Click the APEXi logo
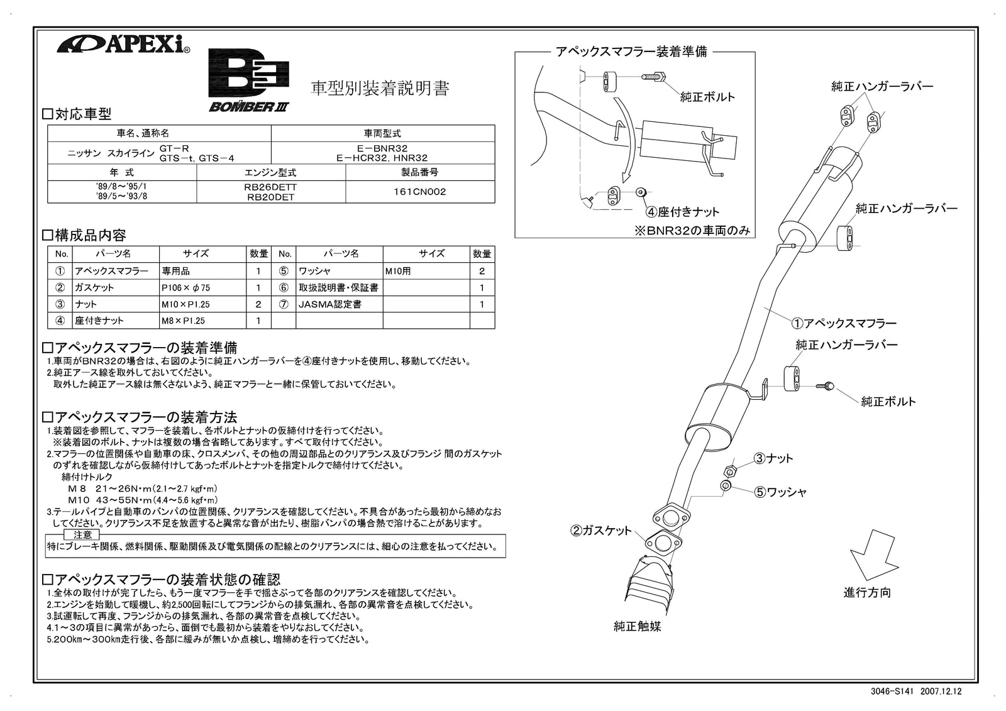click(x=123, y=45)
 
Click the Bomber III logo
click(x=249, y=81)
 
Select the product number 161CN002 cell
click(x=419, y=192)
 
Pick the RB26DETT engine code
click(x=270, y=187)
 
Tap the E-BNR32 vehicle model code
click(x=382, y=149)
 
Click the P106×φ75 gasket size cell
click(x=185, y=287)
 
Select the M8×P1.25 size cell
click(x=183, y=321)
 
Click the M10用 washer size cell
click(x=398, y=271)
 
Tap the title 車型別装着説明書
click(x=380, y=89)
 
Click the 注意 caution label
click(x=82, y=534)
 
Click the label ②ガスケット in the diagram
click(x=600, y=531)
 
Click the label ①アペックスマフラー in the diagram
click(x=843, y=323)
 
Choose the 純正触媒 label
click(x=637, y=626)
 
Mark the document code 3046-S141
click(x=892, y=691)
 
